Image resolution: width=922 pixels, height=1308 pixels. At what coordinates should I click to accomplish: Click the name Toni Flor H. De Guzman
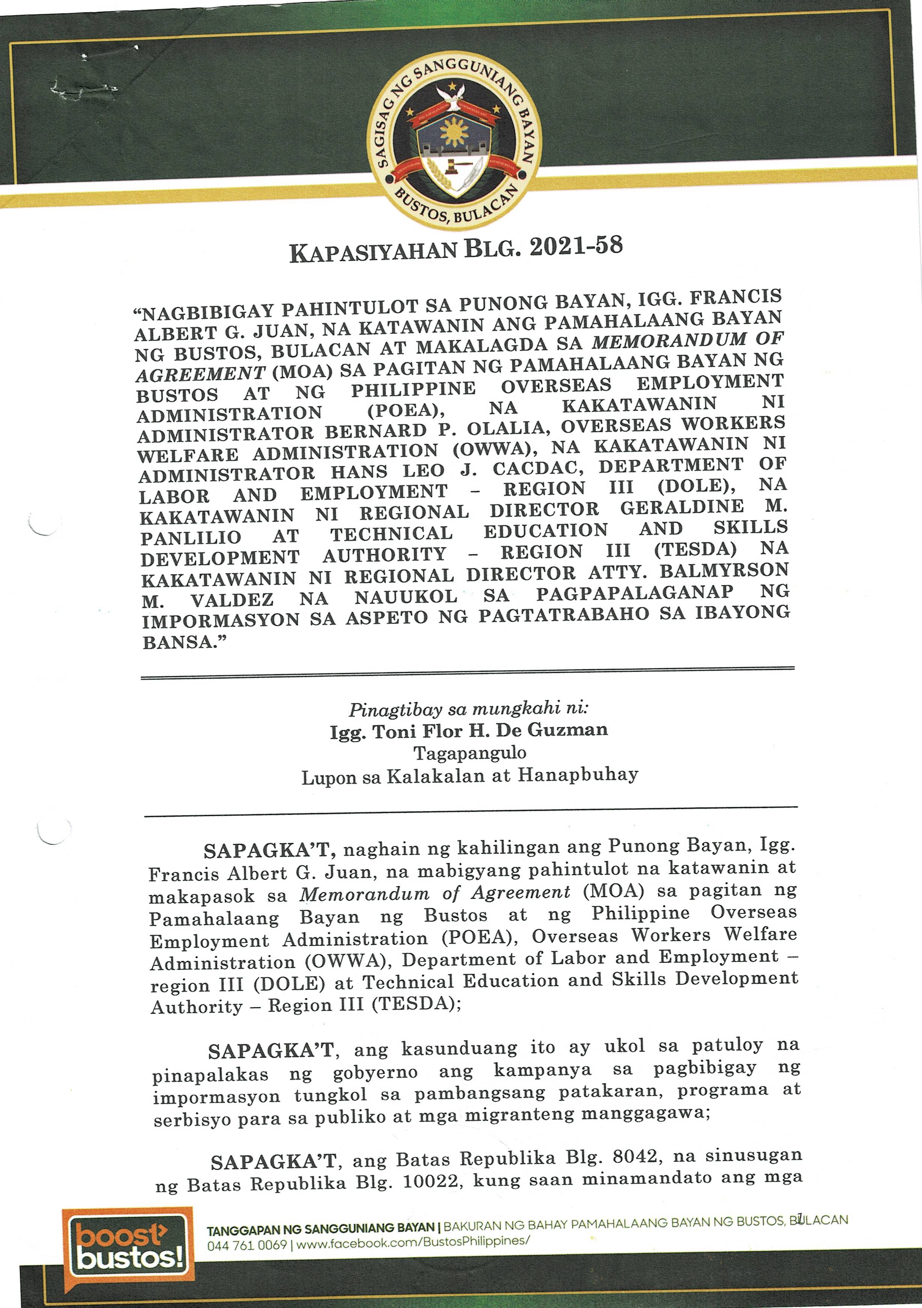(469, 731)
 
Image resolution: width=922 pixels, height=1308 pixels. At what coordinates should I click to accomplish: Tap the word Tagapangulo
(470, 753)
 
